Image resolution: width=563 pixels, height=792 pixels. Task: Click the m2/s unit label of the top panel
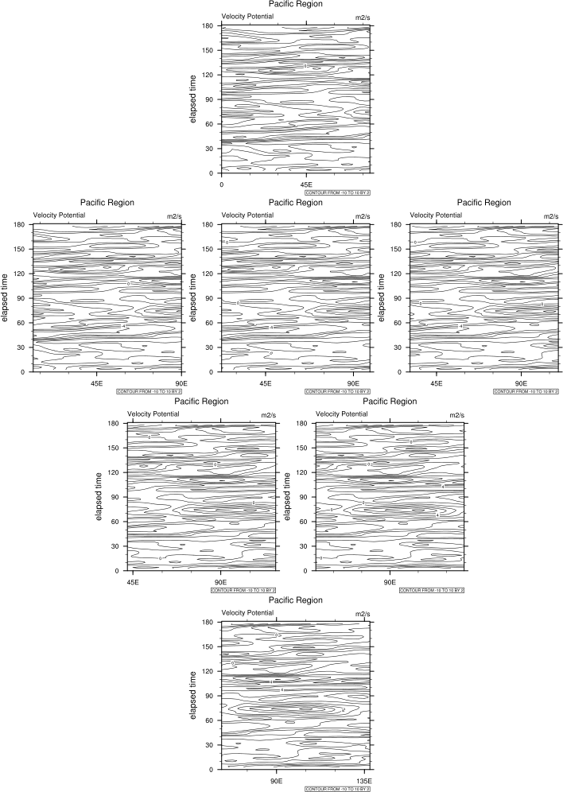pyautogui.click(x=363, y=17)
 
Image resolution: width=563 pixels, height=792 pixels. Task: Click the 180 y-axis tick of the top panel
pyautogui.click(x=211, y=25)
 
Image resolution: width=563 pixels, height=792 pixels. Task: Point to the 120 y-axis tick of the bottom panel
pyautogui.click(x=211, y=671)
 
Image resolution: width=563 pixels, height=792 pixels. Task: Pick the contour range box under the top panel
pyautogui.click(x=337, y=192)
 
